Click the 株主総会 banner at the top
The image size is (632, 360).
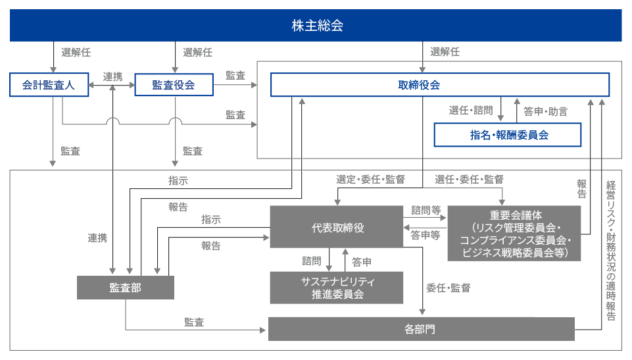[316, 26]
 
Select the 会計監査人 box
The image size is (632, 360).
[49, 85]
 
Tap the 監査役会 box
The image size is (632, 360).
[174, 85]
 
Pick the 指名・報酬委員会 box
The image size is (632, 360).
[508, 135]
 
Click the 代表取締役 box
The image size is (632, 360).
[337, 228]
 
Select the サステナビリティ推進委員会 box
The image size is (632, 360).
[337, 288]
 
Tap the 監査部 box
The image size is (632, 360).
[126, 288]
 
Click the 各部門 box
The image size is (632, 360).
[421, 328]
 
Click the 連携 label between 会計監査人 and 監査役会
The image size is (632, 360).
[112, 76]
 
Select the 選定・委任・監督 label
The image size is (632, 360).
[370, 179]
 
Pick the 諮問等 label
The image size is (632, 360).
[425, 211]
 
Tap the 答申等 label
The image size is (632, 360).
[425, 235]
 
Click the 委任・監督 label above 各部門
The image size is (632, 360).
[448, 288]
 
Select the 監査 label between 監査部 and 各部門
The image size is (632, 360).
[194, 322]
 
